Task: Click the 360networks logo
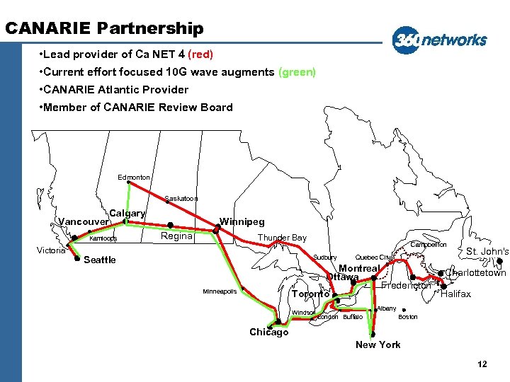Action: click(x=440, y=40)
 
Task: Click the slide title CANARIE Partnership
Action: click(x=104, y=28)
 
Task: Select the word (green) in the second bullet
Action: click(x=297, y=72)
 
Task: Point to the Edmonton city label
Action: click(x=134, y=177)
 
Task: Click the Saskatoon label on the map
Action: click(x=181, y=199)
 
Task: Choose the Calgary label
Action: click(x=127, y=213)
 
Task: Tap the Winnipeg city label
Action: click(x=242, y=221)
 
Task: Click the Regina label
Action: click(x=176, y=236)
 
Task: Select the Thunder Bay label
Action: click(x=282, y=238)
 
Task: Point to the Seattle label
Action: click(x=99, y=260)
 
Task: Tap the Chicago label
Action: click(x=268, y=332)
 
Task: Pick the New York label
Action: click(x=378, y=345)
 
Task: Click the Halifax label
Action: click(x=455, y=294)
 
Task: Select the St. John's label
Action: click(x=487, y=251)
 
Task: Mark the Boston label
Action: click(x=408, y=317)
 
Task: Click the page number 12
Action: click(x=482, y=364)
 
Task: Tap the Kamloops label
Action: click(x=103, y=238)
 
